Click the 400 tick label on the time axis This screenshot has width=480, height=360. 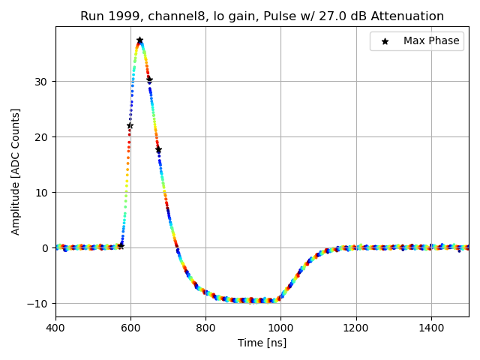point(55,328)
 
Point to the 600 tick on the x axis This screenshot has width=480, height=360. point(130,328)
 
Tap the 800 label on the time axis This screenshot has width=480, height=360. point(205,328)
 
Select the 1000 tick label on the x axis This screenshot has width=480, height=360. point(280,328)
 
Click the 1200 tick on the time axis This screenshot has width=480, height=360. point(356,328)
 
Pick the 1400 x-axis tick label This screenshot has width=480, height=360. point(431,328)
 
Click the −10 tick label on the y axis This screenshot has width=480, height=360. point(39,304)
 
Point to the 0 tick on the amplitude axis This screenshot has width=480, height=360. point(46,248)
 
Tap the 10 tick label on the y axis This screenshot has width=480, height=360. point(42,193)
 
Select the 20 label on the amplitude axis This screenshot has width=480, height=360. point(42,137)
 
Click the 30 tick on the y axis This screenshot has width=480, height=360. point(42,82)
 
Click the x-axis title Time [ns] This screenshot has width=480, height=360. point(262,343)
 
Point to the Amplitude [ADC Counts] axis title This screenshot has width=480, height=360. point(16,172)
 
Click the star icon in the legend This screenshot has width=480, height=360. point(385,41)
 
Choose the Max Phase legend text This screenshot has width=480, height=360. point(431,41)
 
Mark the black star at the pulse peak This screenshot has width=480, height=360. point(139,40)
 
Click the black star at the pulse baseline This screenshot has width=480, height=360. point(121,245)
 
